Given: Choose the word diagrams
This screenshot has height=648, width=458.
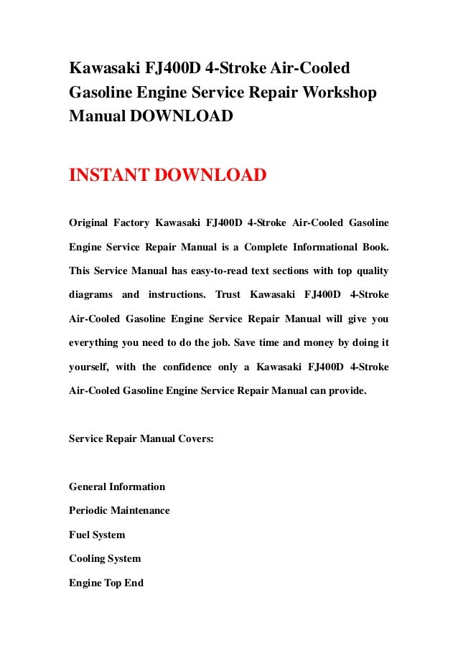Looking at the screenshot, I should tap(90, 294).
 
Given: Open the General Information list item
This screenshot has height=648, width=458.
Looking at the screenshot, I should tap(117, 487).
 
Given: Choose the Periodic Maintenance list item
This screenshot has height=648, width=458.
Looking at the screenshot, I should tap(119, 510).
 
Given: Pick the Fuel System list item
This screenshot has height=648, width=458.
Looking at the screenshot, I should tap(97, 535).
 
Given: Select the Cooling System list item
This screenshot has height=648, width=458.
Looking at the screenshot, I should tap(105, 558).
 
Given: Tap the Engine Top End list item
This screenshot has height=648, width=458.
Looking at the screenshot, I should tap(106, 583).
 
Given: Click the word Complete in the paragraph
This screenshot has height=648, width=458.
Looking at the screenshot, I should tap(267, 247).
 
